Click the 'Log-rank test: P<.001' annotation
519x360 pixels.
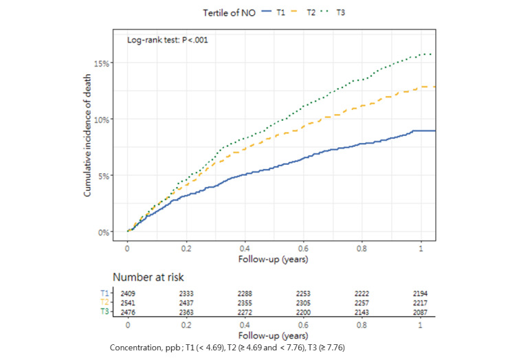point(168,40)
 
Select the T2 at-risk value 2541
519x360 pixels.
point(127,302)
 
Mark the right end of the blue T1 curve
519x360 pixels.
point(434,131)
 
